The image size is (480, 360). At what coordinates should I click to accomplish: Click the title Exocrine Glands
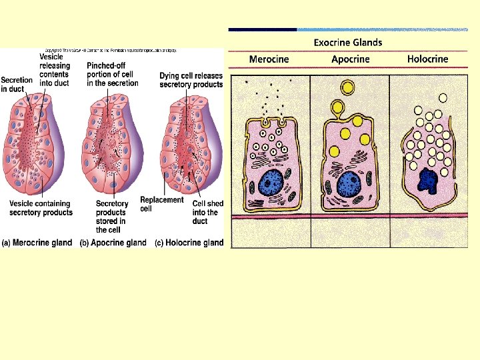pyautogui.click(x=348, y=43)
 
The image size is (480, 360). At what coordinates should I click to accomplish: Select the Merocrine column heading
pyautogui.click(x=269, y=59)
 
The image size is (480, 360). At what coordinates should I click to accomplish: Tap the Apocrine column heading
pyautogui.click(x=350, y=59)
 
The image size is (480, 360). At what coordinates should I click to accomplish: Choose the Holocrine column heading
pyautogui.click(x=427, y=59)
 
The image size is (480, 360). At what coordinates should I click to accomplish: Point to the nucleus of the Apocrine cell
pyautogui.click(x=350, y=183)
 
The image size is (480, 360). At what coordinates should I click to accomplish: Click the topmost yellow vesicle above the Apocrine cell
pyautogui.click(x=347, y=87)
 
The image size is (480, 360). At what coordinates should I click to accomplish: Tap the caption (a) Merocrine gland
pyautogui.click(x=37, y=243)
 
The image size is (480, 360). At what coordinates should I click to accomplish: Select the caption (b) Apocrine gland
pyautogui.click(x=113, y=243)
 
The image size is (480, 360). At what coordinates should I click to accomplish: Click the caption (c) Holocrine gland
pyautogui.click(x=189, y=243)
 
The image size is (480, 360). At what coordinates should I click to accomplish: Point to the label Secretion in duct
pyautogui.click(x=17, y=85)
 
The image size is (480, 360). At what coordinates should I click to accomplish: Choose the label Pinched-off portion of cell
pyautogui.click(x=113, y=74)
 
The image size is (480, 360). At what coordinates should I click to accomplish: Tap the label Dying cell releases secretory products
pyautogui.click(x=191, y=80)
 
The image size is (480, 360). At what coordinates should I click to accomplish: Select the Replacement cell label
pyautogui.click(x=161, y=204)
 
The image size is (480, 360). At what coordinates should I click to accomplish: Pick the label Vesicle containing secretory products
pyautogui.click(x=41, y=207)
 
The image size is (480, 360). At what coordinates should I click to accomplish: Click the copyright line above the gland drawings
pyautogui.click(x=110, y=51)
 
